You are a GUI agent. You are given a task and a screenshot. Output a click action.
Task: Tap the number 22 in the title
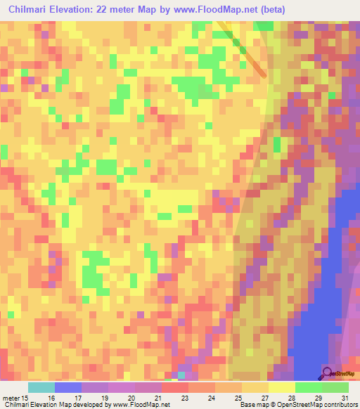coord(103,10)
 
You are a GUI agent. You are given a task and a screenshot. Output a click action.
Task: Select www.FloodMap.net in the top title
coord(210,10)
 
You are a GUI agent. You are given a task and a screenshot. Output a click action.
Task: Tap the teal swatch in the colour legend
coord(41,387)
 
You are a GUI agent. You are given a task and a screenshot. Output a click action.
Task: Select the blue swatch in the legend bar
coord(68,387)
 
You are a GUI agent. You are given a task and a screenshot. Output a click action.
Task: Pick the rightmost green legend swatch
coord(335,387)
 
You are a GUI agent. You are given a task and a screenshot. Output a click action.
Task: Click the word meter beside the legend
coord(13,398)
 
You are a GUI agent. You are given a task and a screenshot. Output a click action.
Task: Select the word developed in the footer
coord(88,405)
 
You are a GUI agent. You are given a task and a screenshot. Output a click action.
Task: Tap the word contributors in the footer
coord(340,405)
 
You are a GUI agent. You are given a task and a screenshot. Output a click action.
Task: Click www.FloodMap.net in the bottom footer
coord(146,405)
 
